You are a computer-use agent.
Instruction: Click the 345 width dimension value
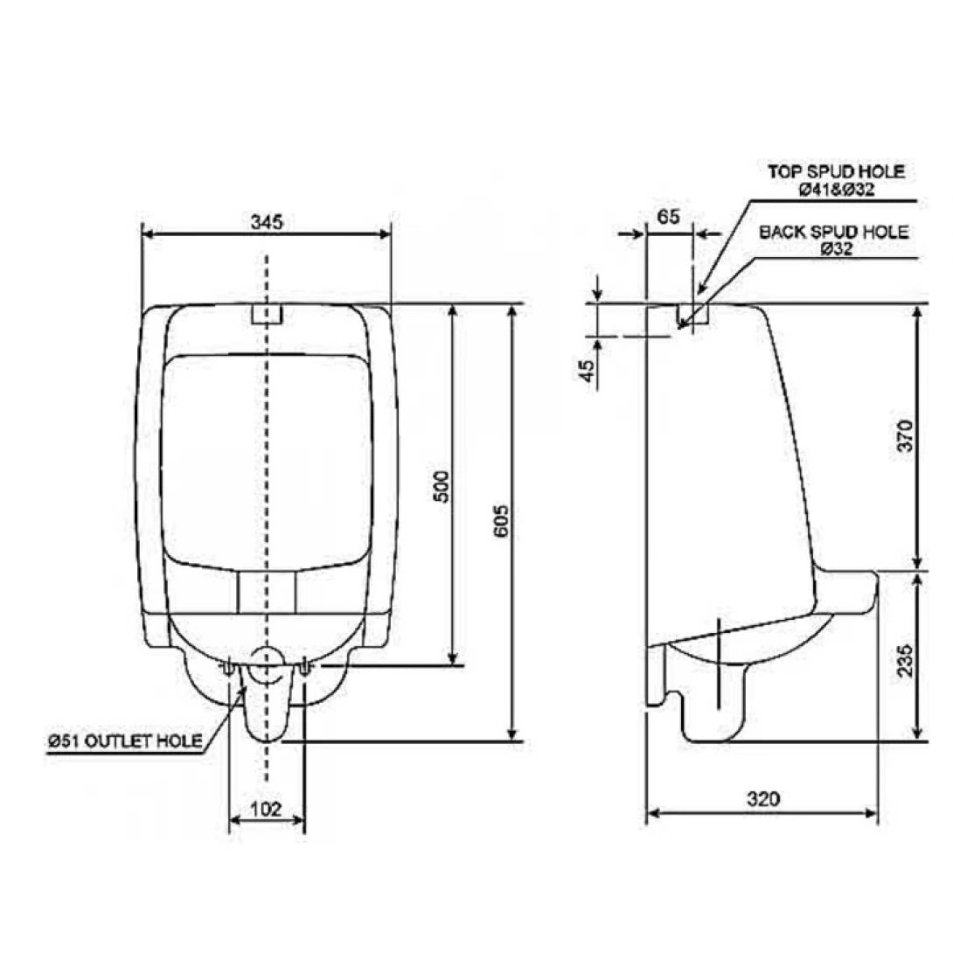(x=267, y=223)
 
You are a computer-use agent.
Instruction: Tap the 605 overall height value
(x=501, y=522)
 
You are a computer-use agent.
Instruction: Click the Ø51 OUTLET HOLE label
(x=125, y=741)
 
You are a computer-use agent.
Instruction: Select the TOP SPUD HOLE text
(x=836, y=171)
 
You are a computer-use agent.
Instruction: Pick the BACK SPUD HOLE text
(x=833, y=233)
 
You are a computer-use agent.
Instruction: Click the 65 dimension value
(x=668, y=218)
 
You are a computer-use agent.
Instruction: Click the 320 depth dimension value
(x=763, y=798)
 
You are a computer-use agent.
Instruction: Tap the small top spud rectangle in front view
(x=267, y=314)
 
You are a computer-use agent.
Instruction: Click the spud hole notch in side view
(x=692, y=315)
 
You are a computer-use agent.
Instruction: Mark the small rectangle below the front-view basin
(x=267, y=593)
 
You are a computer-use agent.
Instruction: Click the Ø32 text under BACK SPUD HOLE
(x=837, y=249)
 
